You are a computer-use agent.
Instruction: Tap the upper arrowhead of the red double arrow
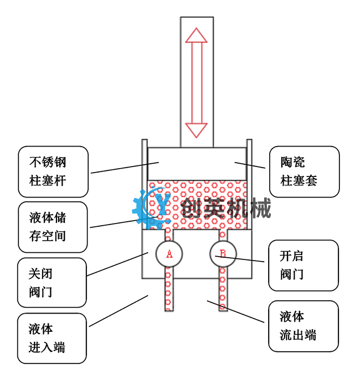point(196,35)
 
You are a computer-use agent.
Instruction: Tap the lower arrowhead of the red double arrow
point(196,131)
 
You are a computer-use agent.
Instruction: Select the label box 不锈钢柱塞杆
point(53,171)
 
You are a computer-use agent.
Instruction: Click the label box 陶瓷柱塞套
point(304,171)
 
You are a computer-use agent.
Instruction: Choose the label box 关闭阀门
point(52,282)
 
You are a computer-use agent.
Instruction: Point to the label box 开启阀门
point(303,265)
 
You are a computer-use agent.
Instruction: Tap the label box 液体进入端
point(52,338)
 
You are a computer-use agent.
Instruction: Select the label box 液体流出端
point(303,326)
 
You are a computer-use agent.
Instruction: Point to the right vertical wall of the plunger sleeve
point(249,183)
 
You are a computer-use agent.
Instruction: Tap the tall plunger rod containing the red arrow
point(197,83)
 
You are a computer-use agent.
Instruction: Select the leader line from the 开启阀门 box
point(244,259)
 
